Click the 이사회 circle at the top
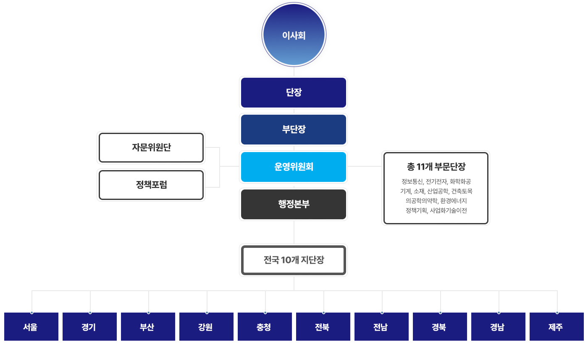[294, 35]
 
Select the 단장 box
[294, 92]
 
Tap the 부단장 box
[294, 129]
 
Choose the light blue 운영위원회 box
[294, 167]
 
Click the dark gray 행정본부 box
[294, 204]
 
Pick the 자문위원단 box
[151, 147]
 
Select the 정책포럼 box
[151, 185]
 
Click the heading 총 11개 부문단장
[436, 167]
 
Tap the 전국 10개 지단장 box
[294, 260]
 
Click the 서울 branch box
[31, 327]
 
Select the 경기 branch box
[89, 327]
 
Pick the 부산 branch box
[148, 327]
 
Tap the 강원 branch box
[206, 327]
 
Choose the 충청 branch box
[265, 327]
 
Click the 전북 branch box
[323, 327]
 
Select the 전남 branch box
[381, 327]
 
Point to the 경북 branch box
[440, 327]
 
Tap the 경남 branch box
[498, 327]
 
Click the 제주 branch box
[556, 327]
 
